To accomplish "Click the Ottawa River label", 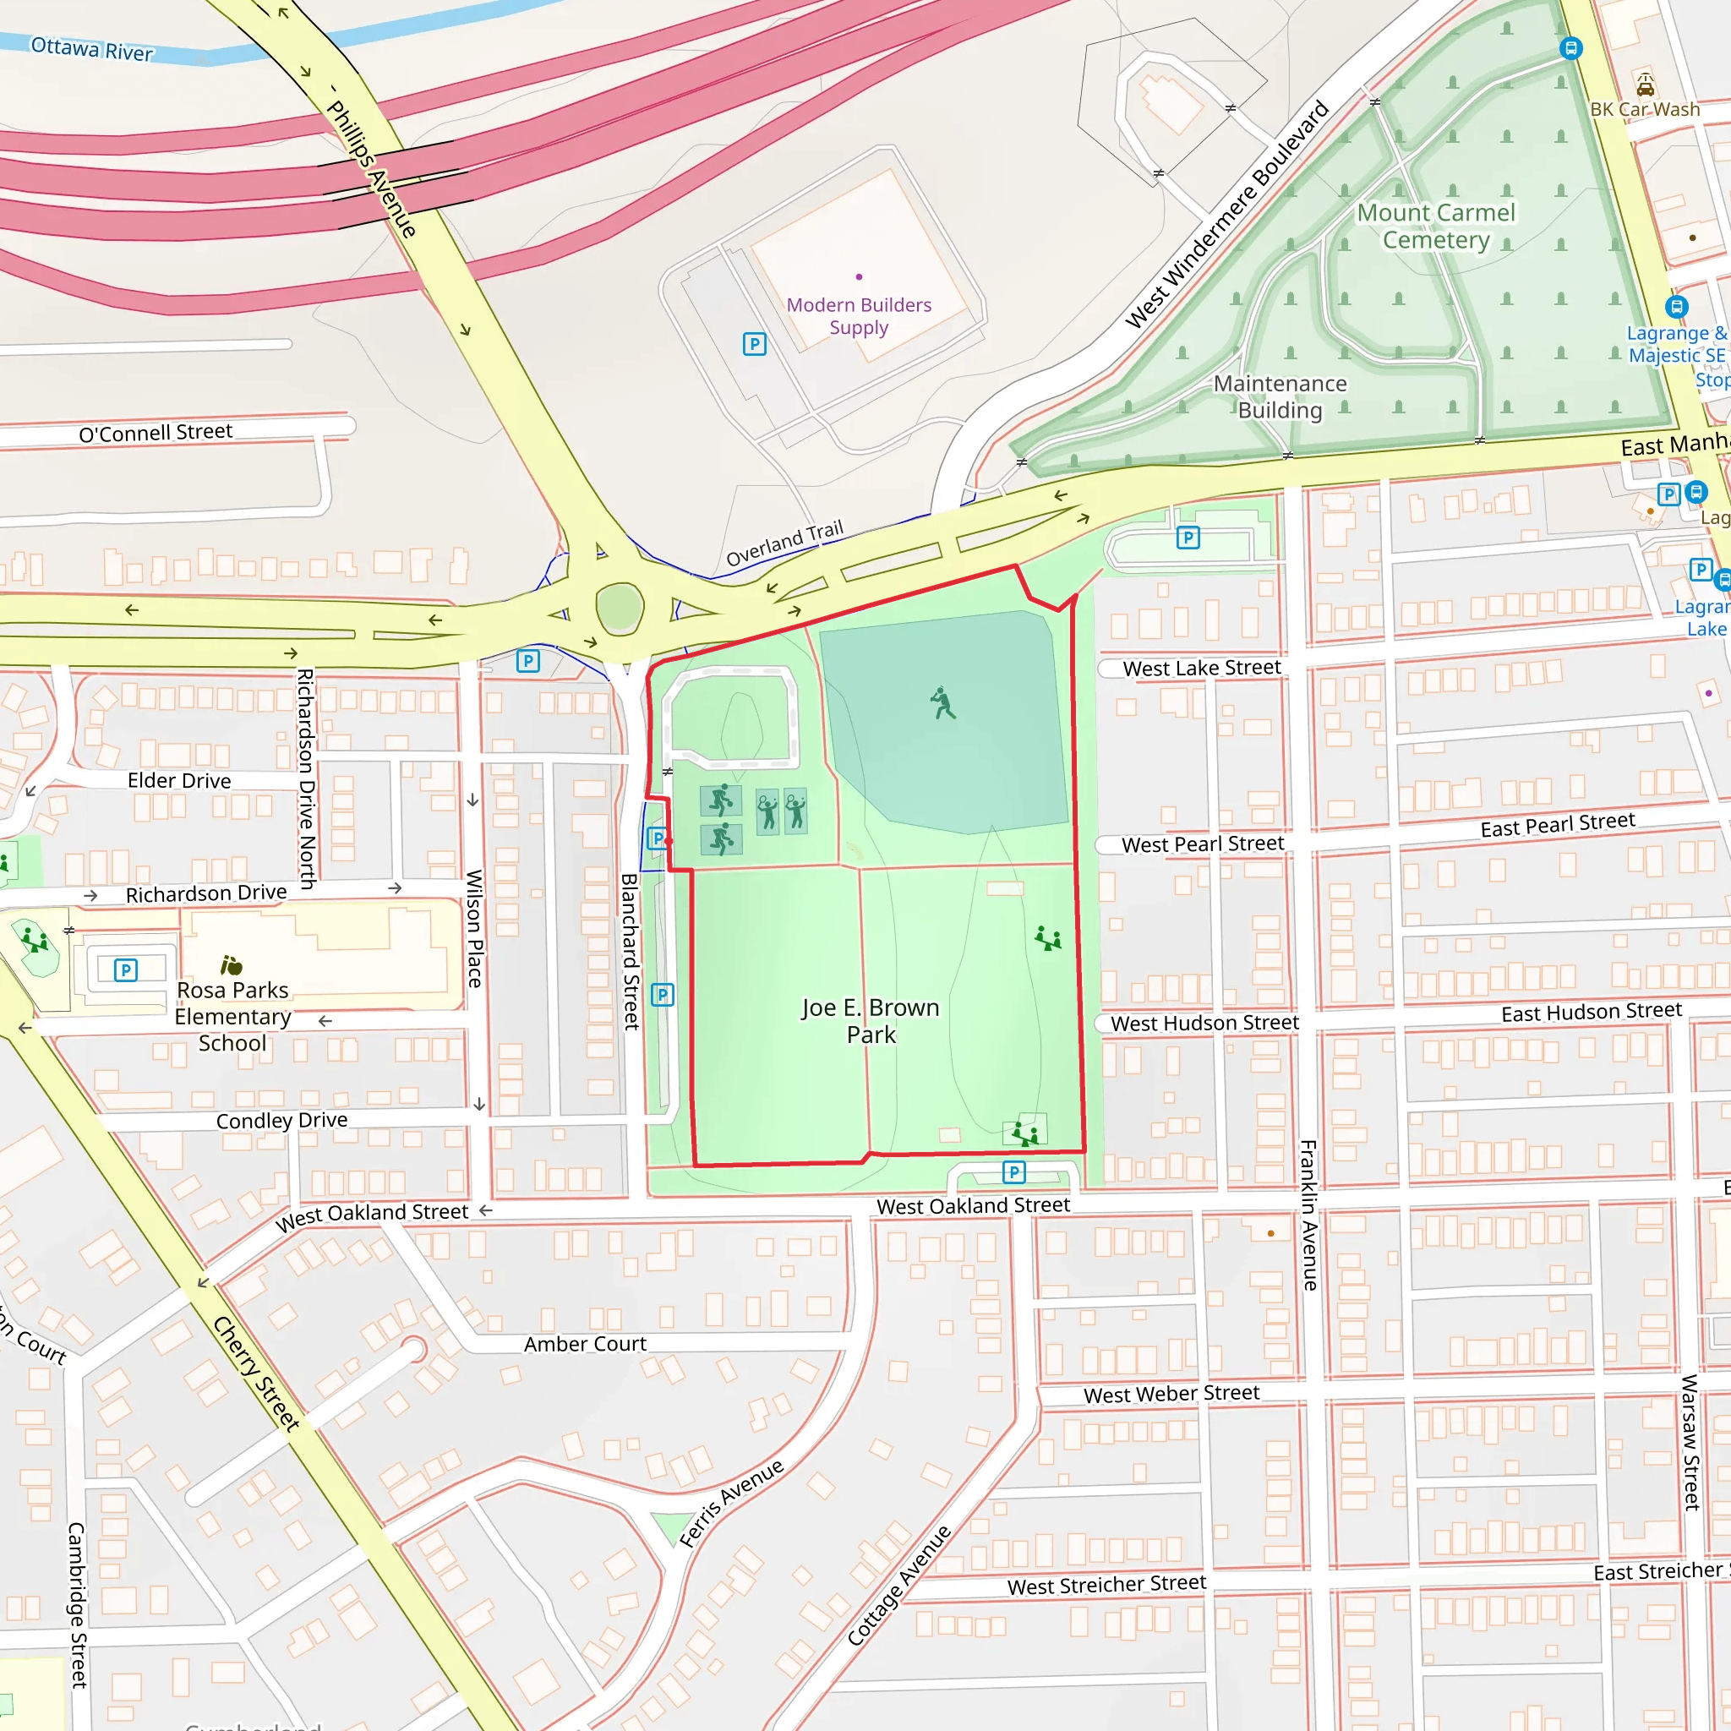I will (x=91, y=48).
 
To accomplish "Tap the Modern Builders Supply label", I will (x=859, y=316).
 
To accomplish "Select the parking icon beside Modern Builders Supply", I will (x=755, y=344).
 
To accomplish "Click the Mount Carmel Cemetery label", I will (x=1435, y=226).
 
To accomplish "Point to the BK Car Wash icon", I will (x=1645, y=85).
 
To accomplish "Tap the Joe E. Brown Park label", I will (x=870, y=1020).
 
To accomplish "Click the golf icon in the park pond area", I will (x=942, y=703).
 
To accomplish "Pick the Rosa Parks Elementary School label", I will (x=233, y=1016).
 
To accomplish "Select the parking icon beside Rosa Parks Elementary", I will (x=126, y=969).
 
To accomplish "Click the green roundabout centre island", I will (x=619, y=609).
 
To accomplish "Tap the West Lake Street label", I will (x=1202, y=668).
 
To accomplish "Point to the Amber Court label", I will (x=585, y=1344).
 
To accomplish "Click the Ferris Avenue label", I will (x=731, y=1504).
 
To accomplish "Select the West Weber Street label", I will (x=1171, y=1394).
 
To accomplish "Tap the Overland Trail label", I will (x=784, y=543).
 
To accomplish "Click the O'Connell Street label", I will (x=156, y=433).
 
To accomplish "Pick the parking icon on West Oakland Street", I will (x=1013, y=1172).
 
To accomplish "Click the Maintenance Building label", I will (x=1280, y=396).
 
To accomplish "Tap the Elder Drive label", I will (x=179, y=780).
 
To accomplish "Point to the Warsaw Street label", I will (x=1690, y=1443).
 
